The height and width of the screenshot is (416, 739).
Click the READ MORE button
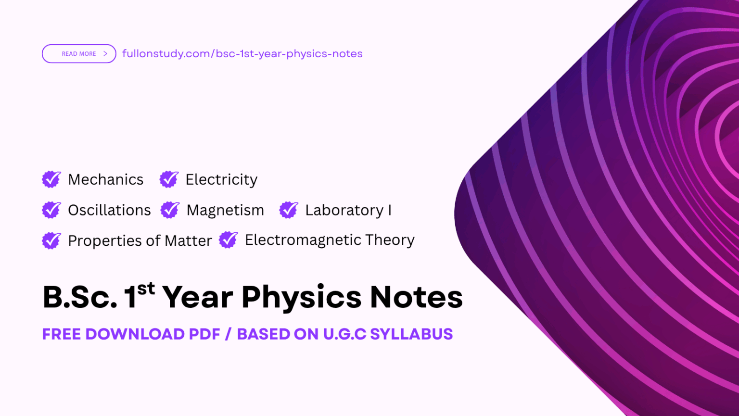click(79, 54)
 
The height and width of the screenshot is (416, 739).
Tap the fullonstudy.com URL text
click(242, 54)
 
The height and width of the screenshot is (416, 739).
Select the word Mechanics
click(106, 179)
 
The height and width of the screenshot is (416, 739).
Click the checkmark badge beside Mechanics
click(51, 179)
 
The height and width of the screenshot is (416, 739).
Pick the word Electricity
click(221, 179)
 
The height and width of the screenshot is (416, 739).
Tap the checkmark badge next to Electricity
click(169, 179)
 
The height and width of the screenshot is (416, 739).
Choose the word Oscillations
click(109, 210)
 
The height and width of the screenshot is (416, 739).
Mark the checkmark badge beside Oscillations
click(51, 210)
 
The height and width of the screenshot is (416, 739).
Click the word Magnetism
click(225, 210)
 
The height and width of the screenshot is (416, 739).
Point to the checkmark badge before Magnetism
click(170, 210)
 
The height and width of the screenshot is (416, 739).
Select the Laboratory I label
click(348, 210)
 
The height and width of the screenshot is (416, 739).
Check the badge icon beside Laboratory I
click(289, 210)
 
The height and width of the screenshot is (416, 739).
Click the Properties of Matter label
click(140, 240)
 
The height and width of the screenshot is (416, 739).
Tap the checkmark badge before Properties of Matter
click(51, 240)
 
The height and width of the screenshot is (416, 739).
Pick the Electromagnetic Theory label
click(330, 240)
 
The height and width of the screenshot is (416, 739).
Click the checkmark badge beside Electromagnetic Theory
click(229, 240)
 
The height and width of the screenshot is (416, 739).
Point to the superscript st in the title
click(146, 289)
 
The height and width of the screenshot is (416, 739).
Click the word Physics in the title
click(301, 297)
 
